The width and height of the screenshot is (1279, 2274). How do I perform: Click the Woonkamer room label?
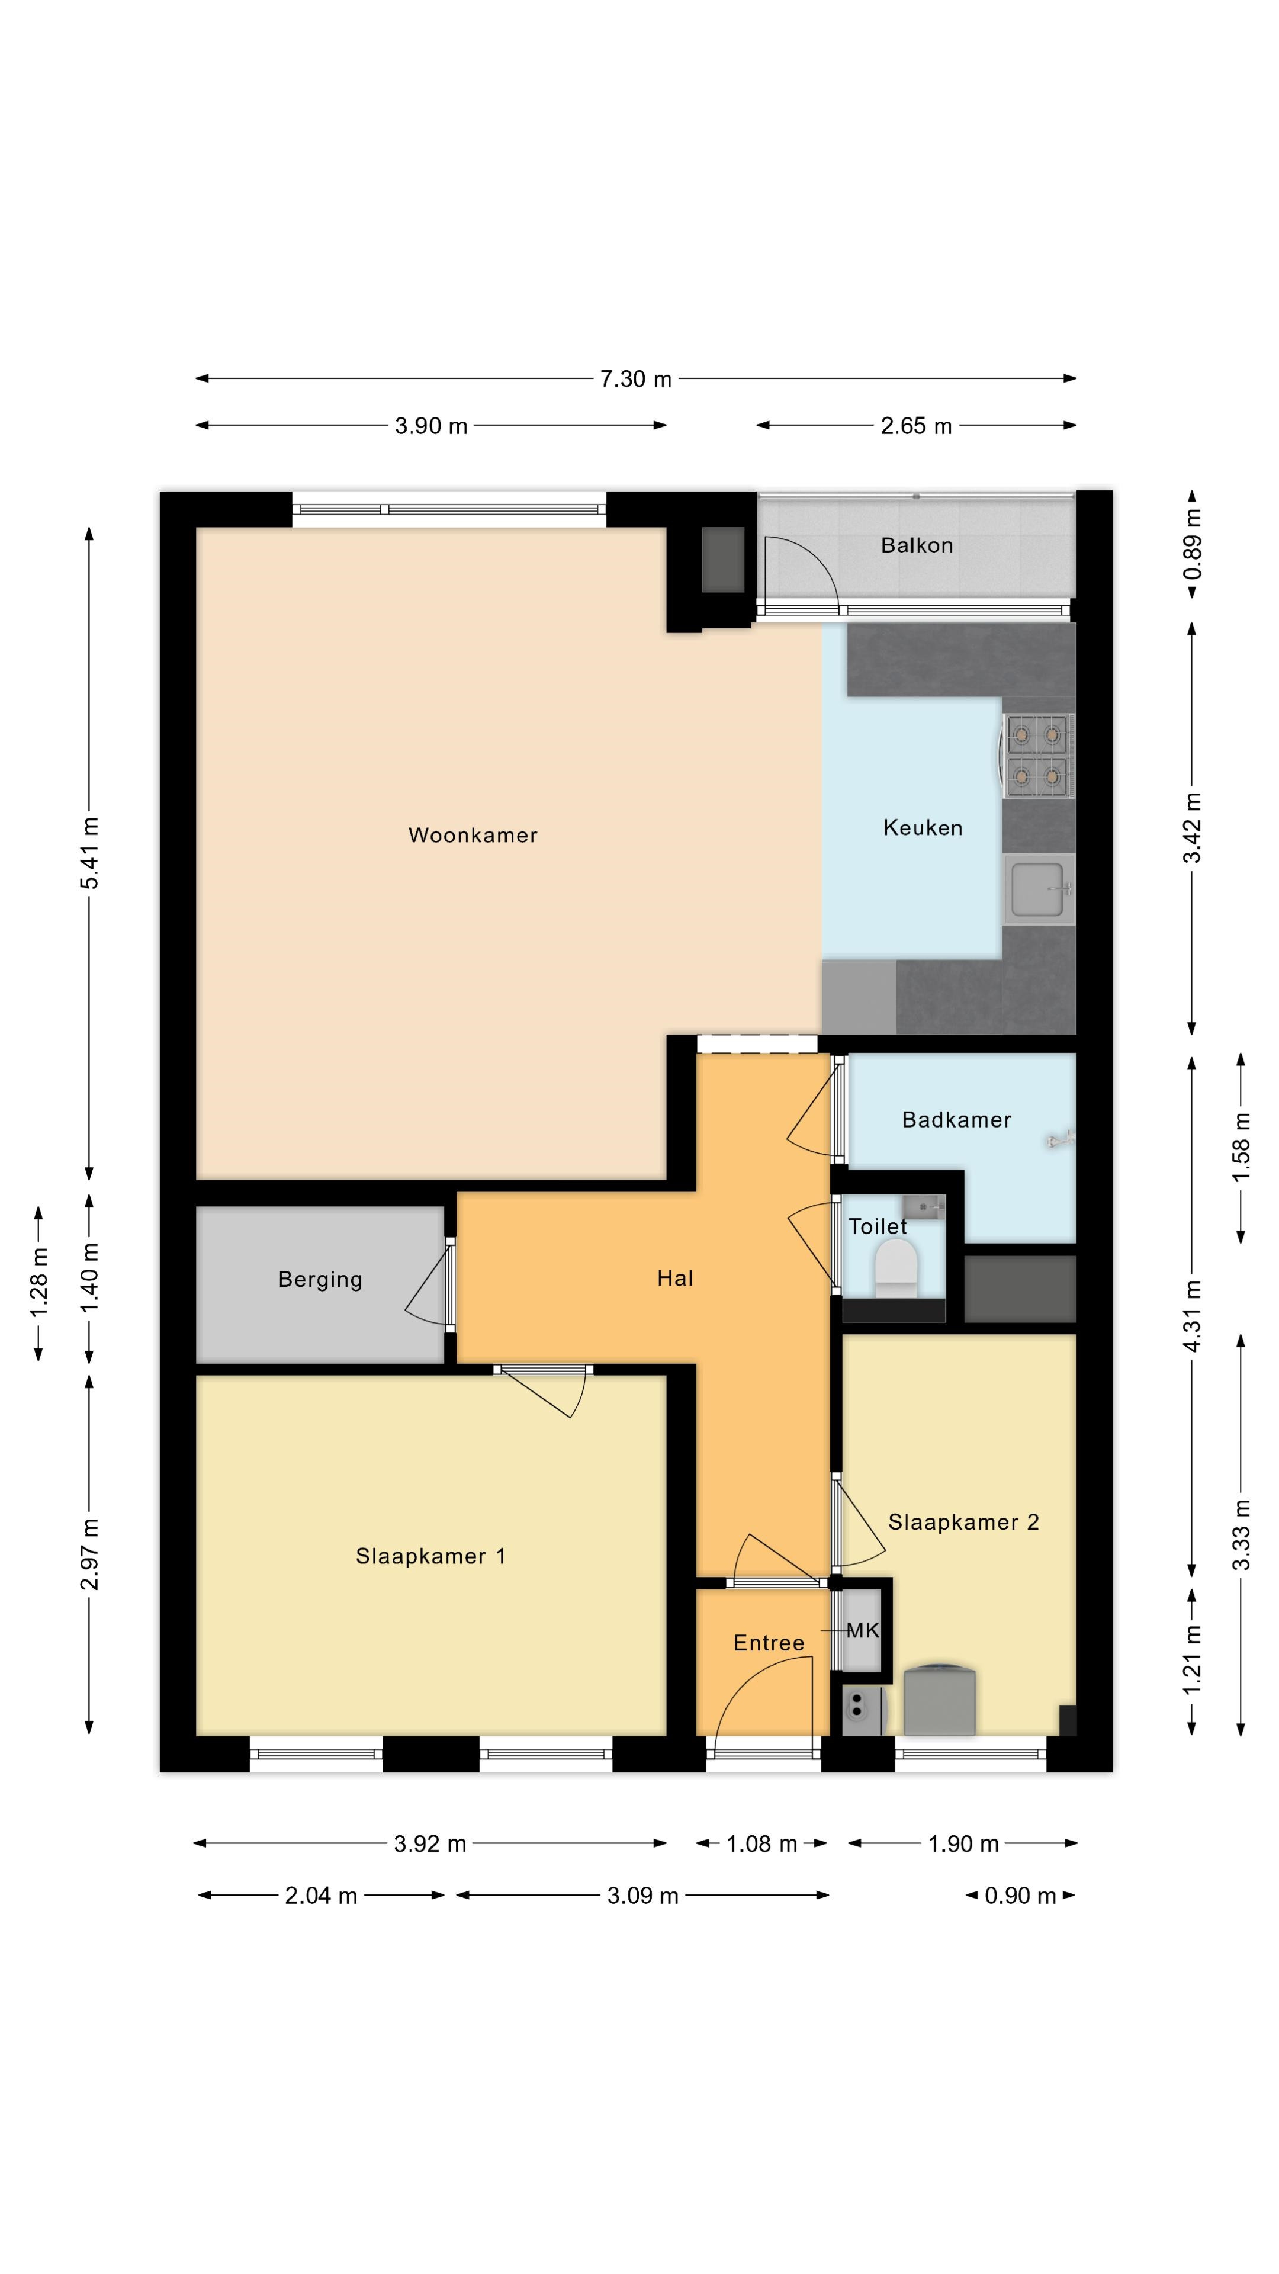click(x=473, y=835)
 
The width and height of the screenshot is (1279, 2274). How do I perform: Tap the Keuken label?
click(x=923, y=827)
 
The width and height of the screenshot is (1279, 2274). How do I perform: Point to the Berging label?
click(x=320, y=1280)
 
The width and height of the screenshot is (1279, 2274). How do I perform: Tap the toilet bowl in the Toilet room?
click(x=896, y=1268)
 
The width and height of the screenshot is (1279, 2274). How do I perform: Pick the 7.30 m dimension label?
click(x=635, y=379)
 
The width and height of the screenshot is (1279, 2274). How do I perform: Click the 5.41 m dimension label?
click(x=89, y=853)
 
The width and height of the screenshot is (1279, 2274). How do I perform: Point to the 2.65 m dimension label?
click(x=916, y=426)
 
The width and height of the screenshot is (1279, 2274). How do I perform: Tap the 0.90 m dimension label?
click(x=1020, y=1895)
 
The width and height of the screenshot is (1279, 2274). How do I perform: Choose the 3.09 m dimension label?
click(x=642, y=1895)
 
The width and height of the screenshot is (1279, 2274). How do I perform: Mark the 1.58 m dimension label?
click(x=1241, y=1148)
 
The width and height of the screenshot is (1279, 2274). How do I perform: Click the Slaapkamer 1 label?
click(x=430, y=1556)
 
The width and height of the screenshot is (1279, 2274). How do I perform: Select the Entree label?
click(x=769, y=1642)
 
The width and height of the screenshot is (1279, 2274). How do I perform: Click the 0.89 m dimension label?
click(x=1193, y=545)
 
